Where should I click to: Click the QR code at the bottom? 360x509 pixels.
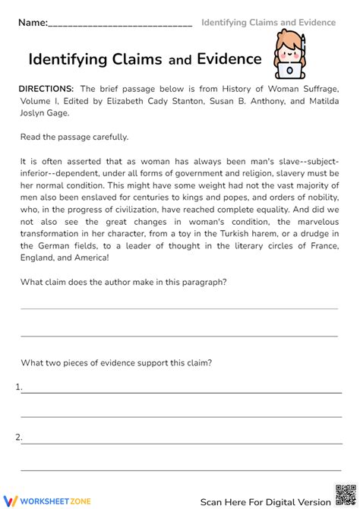pyautogui.click(x=344, y=493)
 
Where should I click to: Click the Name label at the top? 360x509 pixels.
pyautogui.click(x=33, y=24)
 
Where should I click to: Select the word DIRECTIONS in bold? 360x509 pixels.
pyautogui.click(x=46, y=89)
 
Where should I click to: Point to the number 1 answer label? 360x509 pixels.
pyautogui.click(x=18, y=387)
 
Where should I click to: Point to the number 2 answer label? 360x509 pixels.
pyautogui.click(x=18, y=437)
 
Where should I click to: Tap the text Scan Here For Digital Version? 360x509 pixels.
pyautogui.click(x=265, y=501)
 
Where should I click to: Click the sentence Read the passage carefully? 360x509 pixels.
pyautogui.click(x=74, y=138)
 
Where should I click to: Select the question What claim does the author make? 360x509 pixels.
pyautogui.click(x=124, y=283)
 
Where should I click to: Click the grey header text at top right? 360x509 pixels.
pyautogui.click(x=268, y=23)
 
